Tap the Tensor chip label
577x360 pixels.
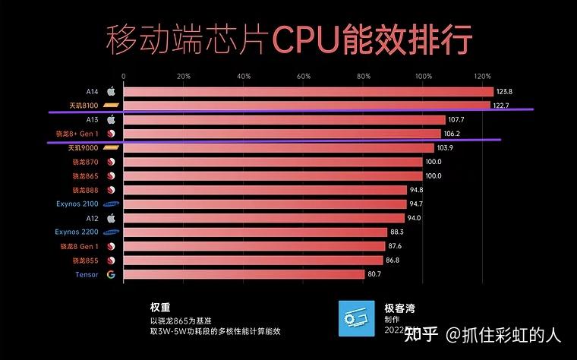click(x=87, y=274)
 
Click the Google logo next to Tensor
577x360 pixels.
click(x=111, y=274)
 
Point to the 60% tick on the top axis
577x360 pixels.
click(x=304, y=76)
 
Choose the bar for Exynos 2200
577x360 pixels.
click(x=254, y=232)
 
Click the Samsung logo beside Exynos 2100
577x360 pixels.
click(x=111, y=204)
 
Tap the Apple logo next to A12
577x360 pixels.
click(x=111, y=218)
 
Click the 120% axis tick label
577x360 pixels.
click(x=482, y=76)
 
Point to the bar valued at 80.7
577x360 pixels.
click(x=243, y=274)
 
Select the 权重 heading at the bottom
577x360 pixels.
click(x=159, y=307)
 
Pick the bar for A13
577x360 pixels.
click(x=283, y=119)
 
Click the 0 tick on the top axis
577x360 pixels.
click(x=124, y=76)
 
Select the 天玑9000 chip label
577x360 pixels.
click(x=84, y=147)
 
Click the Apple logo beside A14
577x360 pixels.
click(x=111, y=91)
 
